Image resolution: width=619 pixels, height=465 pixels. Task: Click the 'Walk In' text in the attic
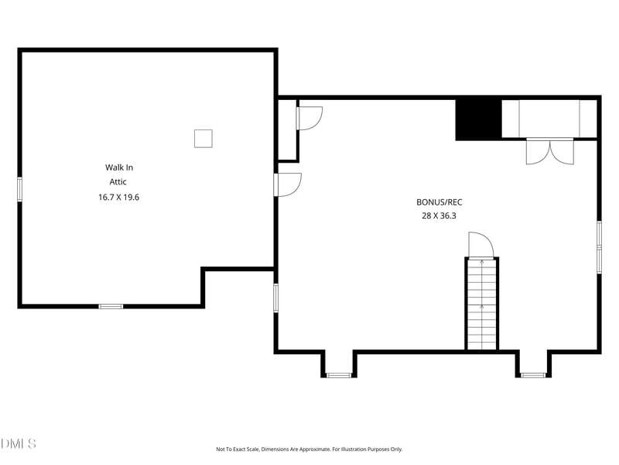pyautogui.click(x=118, y=167)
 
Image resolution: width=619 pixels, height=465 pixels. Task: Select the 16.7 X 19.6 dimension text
pyautogui.click(x=118, y=197)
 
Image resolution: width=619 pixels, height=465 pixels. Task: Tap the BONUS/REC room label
pyautogui.click(x=439, y=201)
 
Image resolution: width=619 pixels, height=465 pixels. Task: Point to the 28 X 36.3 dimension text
pyautogui.click(x=439, y=216)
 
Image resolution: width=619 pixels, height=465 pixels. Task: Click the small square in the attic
pyautogui.click(x=203, y=138)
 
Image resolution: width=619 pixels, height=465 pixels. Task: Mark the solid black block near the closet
pyautogui.click(x=478, y=119)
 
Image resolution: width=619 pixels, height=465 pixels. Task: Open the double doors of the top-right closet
pyautogui.click(x=550, y=150)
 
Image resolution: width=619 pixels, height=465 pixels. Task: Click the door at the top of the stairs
pyautogui.click(x=480, y=245)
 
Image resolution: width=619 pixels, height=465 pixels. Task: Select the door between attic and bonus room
pyautogui.click(x=288, y=184)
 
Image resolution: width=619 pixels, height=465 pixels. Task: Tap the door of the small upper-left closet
pyautogui.click(x=309, y=118)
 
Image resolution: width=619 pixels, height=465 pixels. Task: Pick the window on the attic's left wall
pyautogui.click(x=20, y=189)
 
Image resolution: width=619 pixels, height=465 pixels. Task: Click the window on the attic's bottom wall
pyautogui.click(x=111, y=306)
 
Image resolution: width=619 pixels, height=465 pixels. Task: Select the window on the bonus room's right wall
pyautogui.click(x=599, y=246)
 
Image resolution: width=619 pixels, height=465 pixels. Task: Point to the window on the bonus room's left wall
pyautogui.click(x=275, y=298)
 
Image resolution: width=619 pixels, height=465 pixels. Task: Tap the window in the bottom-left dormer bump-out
pyautogui.click(x=339, y=375)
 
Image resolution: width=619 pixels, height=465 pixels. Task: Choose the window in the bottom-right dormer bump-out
pyautogui.click(x=533, y=375)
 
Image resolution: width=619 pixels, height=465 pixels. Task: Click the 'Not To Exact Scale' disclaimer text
pyautogui.click(x=309, y=449)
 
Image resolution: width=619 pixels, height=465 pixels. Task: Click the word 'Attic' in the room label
pyautogui.click(x=118, y=182)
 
